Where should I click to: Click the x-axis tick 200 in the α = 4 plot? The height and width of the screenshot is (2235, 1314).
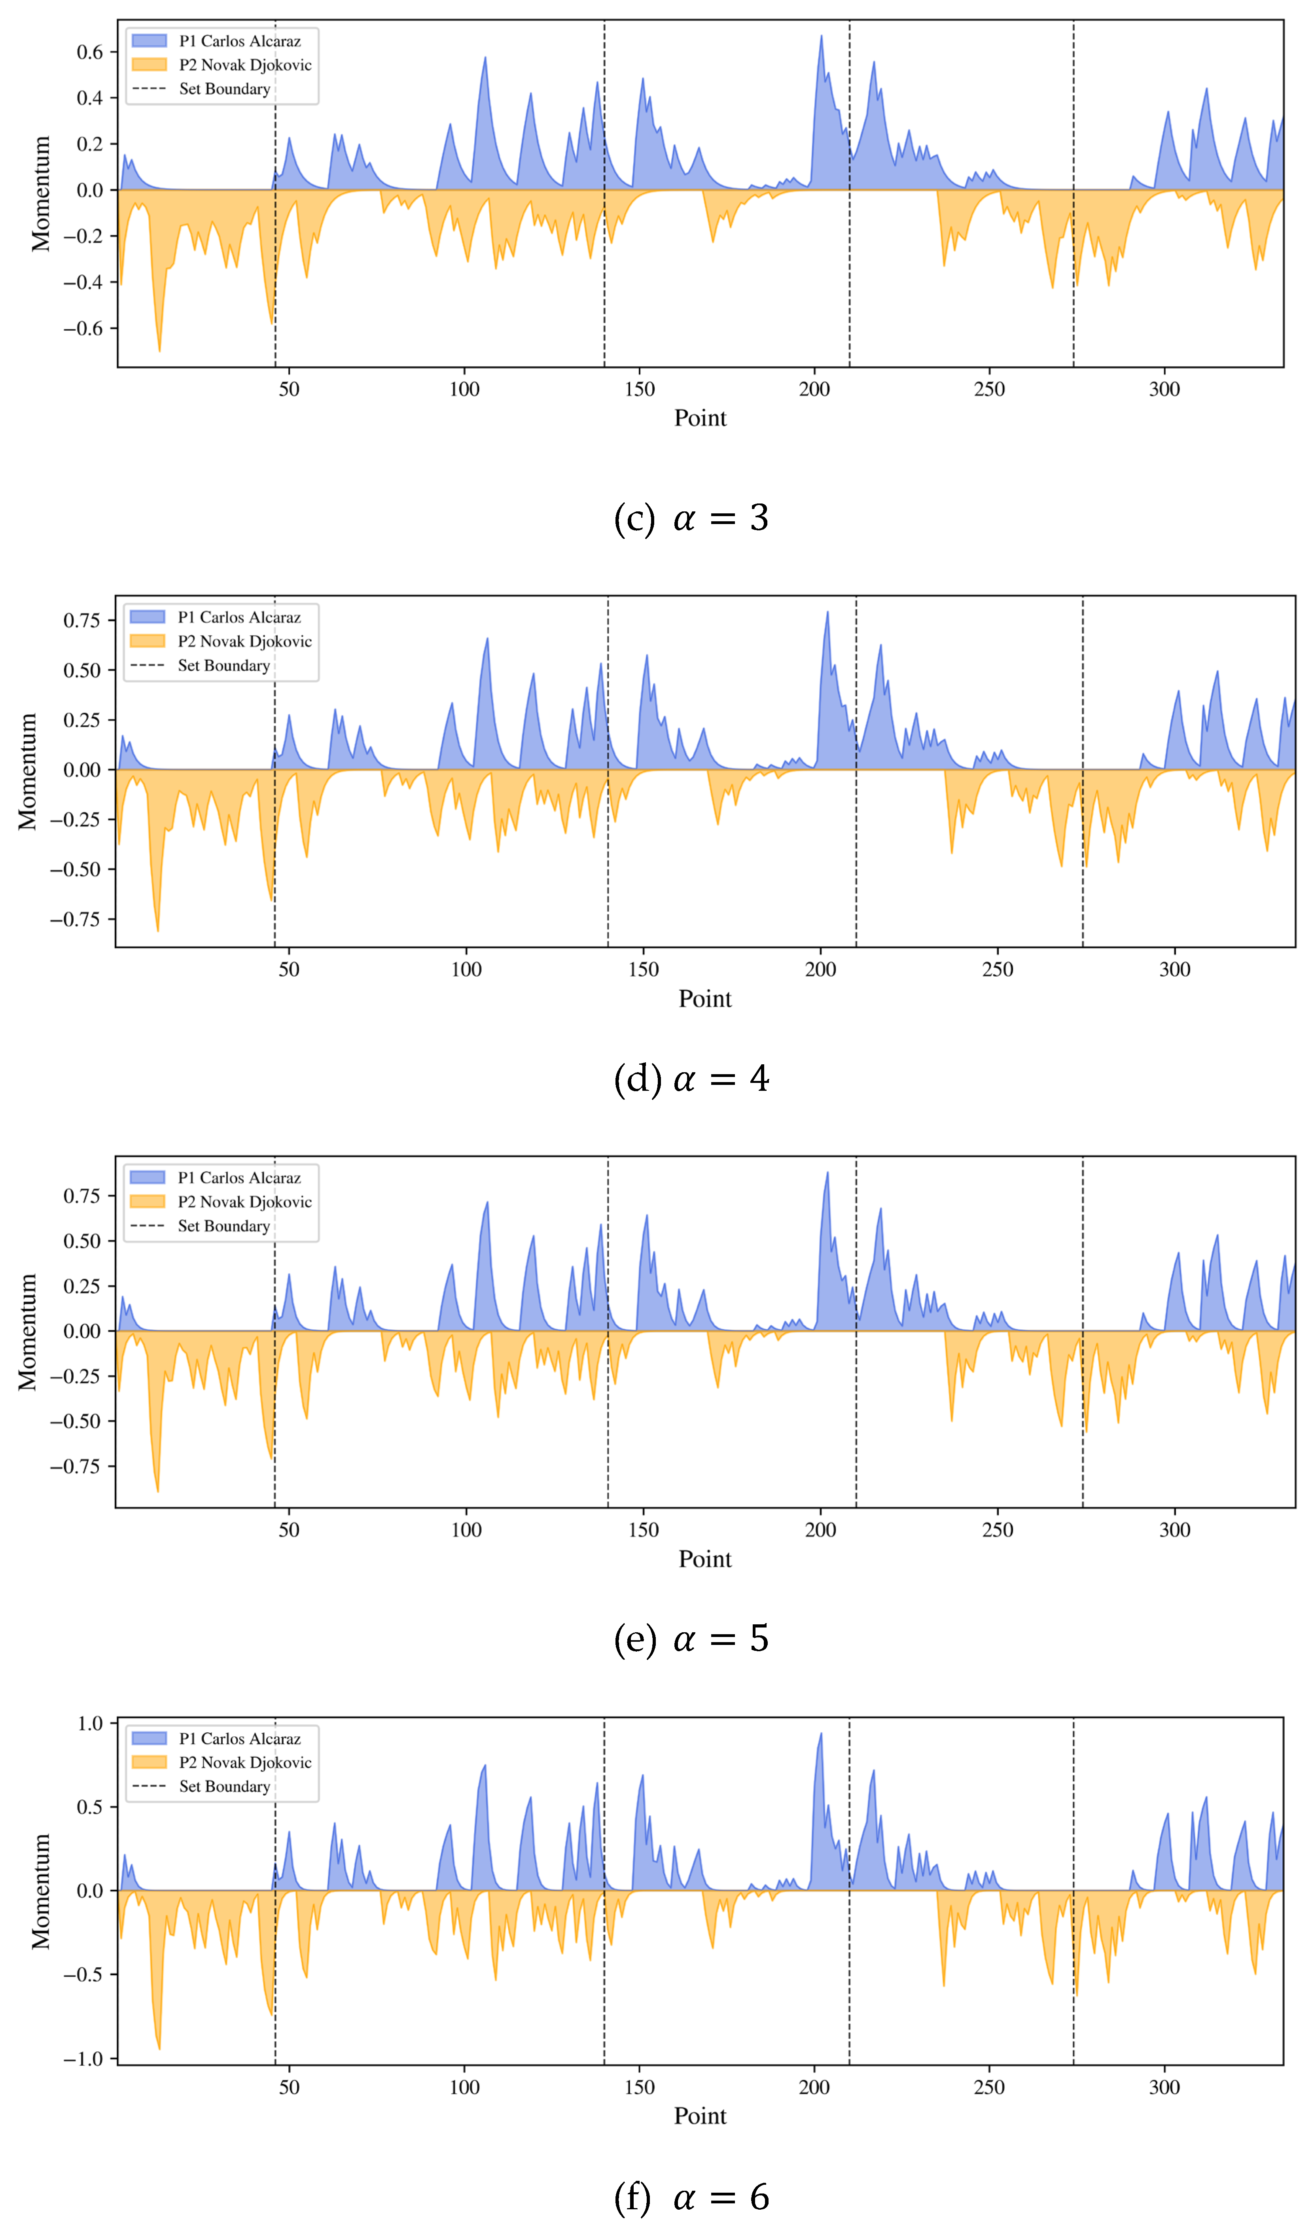click(x=820, y=969)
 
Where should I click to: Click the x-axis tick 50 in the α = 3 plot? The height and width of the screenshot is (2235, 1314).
click(x=289, y=389)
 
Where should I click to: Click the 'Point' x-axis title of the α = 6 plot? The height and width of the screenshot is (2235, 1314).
click(x=700, y=2116)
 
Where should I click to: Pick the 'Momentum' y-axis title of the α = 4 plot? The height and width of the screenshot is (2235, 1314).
click(x=28, y=772)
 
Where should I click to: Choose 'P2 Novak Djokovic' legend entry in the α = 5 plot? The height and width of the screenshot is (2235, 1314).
click(x=245, y=1202)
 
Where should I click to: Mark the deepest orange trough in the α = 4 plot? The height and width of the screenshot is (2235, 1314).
click(x=158, y=930)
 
